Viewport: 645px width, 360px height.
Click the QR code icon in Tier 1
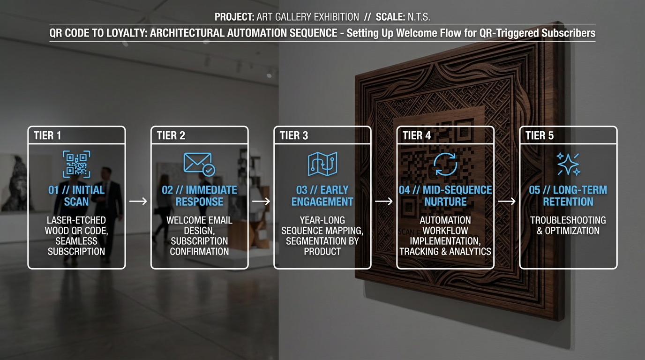(x=76, y=164)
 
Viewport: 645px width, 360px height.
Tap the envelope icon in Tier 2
(x=198, y=163)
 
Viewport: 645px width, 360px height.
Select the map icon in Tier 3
(x=322, y=164)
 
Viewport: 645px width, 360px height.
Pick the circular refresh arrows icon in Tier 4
(x=445, y=164)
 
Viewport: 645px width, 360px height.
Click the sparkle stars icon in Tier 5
(x=568, y=164)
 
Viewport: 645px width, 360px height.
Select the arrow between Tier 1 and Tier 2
(x=138, y=201)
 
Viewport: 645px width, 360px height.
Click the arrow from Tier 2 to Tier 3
(x=261, y=201)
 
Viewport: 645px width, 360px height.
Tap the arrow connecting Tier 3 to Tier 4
(x=384, y=201)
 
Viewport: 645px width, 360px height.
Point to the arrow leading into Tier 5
(x=507, y=201)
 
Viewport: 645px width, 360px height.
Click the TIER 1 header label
(x=47, y=135)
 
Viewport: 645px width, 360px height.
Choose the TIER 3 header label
(x=294, y=135)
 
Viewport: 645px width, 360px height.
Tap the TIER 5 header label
(x=540, y=135)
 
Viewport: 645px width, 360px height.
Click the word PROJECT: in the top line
(x=234, y=17)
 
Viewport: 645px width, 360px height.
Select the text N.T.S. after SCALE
(x=419, y=17)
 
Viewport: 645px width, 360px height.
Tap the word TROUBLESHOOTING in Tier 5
(x=568, y=220)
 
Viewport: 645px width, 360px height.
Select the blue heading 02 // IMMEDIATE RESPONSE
(x=199, y=196)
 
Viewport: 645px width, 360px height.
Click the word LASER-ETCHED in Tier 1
(x=76, y=220)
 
